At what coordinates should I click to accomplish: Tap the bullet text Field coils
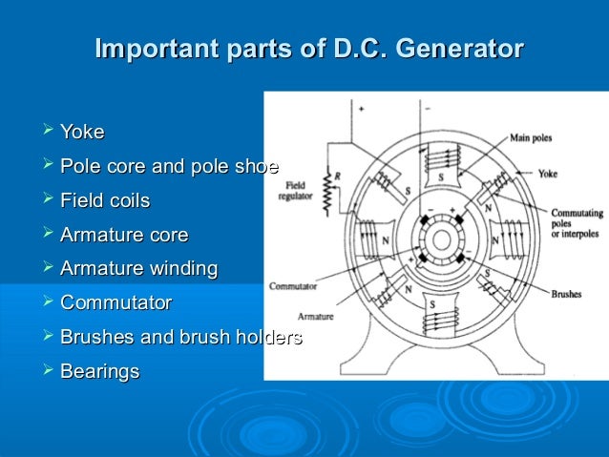[104, 201]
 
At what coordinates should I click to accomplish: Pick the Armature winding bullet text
[138, 269]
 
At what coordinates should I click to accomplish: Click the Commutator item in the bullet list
[115, 303]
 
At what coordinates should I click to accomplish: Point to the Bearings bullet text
[99, 371]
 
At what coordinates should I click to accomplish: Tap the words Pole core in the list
[104, 167]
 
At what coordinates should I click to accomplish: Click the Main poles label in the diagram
[532, 138]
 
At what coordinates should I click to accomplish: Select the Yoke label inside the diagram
[548, 175]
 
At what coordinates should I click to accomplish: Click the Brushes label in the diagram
[566, 295]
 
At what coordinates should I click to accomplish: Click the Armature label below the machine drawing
[315, 316]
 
